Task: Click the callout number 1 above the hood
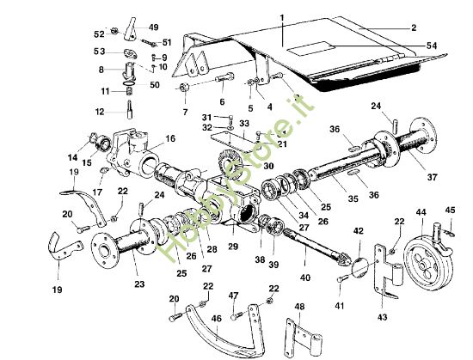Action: click(x=281, y=17)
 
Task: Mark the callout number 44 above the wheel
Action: click(x=421, y=211)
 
